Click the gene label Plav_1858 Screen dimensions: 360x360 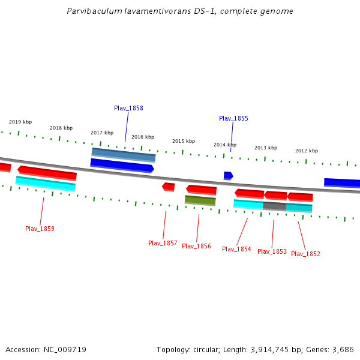[128, 108]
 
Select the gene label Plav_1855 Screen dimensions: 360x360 [233, 118]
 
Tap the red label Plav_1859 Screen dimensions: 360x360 [40, 229]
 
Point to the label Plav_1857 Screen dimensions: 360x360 [163, 243]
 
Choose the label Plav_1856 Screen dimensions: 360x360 [196, 246]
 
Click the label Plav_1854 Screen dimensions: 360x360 [236, 249]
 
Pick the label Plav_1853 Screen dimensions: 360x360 [272, 251]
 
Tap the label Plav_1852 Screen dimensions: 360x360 [305, 254]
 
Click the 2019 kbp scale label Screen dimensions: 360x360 [20, 122]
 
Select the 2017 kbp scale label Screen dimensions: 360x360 [102, 133]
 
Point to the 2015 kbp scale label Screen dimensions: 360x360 [184, 141]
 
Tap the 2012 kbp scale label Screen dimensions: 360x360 [307, 151]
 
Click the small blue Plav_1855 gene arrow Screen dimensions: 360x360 [228, 176]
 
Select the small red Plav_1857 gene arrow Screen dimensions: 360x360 [169, 187]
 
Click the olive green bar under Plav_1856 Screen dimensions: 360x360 [200, 200]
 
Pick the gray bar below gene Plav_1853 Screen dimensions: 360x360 [274, 206]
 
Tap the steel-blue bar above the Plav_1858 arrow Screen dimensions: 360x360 [123, 154]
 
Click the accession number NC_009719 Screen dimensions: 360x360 [65, 349]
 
